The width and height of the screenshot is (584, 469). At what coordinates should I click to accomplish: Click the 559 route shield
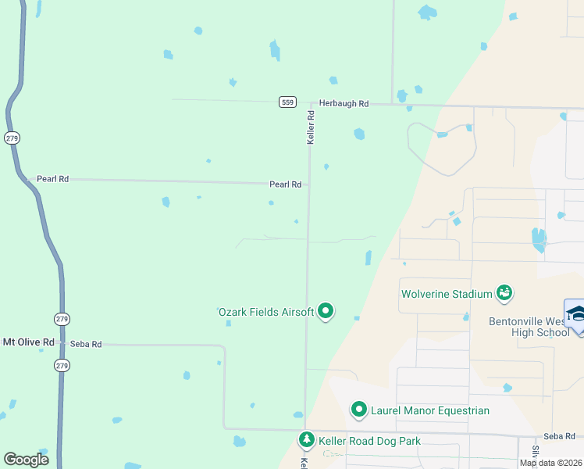pos(287,102)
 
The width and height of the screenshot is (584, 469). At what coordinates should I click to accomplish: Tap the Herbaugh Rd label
pos(343,103)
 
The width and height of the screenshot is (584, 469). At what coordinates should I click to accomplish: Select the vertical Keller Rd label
pos(311,126)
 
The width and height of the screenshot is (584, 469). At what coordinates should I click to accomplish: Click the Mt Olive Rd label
pos(29,342)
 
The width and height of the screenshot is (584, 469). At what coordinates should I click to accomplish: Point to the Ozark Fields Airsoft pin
pos(326,312)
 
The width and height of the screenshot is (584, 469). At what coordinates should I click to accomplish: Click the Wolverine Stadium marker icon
pos(504,293)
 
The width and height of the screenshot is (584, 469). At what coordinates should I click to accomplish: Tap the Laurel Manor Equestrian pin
pos(359,409)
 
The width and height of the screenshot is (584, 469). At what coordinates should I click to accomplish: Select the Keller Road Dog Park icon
pos(307,441)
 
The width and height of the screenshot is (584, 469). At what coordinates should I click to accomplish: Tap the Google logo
pos(27,460)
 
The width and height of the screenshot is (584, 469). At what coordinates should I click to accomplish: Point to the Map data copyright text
pos(550,463)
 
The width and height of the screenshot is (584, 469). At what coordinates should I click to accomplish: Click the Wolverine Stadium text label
pos(446,295)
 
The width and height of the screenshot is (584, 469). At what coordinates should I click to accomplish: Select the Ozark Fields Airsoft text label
pos(265,313)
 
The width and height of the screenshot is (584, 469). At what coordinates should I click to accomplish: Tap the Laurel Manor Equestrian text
pos(429,410)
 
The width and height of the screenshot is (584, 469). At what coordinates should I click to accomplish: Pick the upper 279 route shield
pos(11,138)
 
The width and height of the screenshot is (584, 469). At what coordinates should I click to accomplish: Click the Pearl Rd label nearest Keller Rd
pos(285,185)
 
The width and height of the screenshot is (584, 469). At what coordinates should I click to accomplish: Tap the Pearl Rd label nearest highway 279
pos(52,179)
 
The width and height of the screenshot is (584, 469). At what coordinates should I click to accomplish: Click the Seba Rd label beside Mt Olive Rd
pos(86,344)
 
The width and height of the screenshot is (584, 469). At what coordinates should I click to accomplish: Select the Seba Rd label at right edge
pos(559,436)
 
